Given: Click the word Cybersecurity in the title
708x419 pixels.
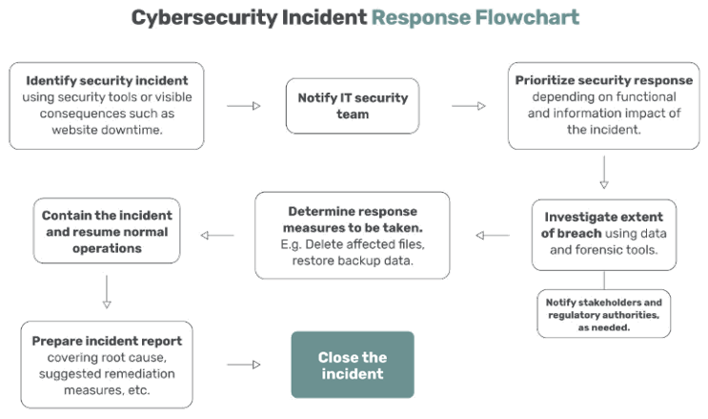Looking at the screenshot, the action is pyautogui.click(x=204, y=18).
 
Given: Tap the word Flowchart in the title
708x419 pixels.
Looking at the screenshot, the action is pyautogui.click(x=527, y=17).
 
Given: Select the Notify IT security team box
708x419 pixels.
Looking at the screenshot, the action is pyautogui.click(x=353, y=106).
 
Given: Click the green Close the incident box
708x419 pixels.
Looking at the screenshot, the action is pyautogui.click(x=353, y=365).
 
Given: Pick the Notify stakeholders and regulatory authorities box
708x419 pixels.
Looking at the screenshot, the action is pyautogui.click(x=604, y=314).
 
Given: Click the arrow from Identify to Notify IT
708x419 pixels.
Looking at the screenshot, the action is pyautogui.click(x=244, y=106).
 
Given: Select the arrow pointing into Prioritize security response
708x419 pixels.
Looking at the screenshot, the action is pyautogui.click(x=469, y=106).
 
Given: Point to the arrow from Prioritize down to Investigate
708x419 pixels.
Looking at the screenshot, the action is pyautogui.click(x=604, y=173).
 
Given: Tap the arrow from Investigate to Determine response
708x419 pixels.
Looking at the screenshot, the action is pyautogui.click(x=493, y=236).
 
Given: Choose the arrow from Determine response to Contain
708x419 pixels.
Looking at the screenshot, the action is pyautogui.click(x=217, y=236).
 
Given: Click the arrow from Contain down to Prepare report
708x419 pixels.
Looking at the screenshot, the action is pyautogui.click(x=107, y=292).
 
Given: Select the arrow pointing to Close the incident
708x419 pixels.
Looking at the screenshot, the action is pyautogui.click(x=244, y=365).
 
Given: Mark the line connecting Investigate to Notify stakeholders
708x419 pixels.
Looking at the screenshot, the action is pyautogui.click(x=604, y=280).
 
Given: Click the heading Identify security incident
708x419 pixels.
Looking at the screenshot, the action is pyautogui.click(x=107, y=80).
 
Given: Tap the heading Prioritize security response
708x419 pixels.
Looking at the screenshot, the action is pyautogui.click(x=604, y=80).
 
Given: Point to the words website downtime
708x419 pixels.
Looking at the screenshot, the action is pyautogui.click(x=107, y=130).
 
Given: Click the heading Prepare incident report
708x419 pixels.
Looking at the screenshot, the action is pyautogui.click(x=107, y=341).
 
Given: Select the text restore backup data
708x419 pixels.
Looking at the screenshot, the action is pyautogui.click(x=353, y=261).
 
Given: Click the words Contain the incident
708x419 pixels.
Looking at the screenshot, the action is pyautogui.click(x=107, y=216).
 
